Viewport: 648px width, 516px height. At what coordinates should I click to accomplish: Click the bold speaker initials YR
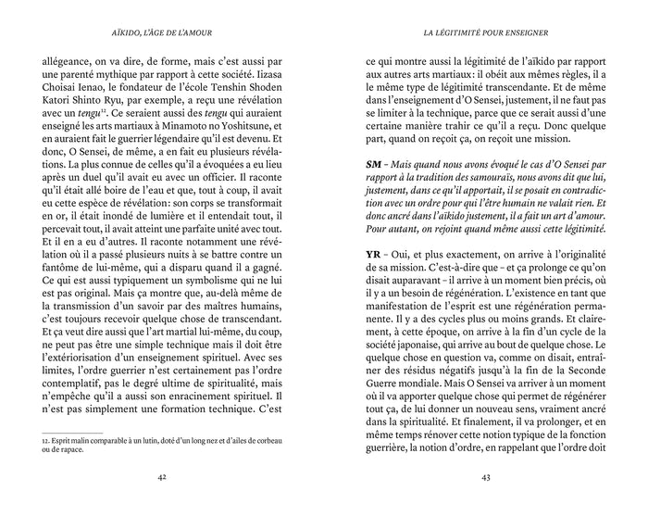click(373, 281)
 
